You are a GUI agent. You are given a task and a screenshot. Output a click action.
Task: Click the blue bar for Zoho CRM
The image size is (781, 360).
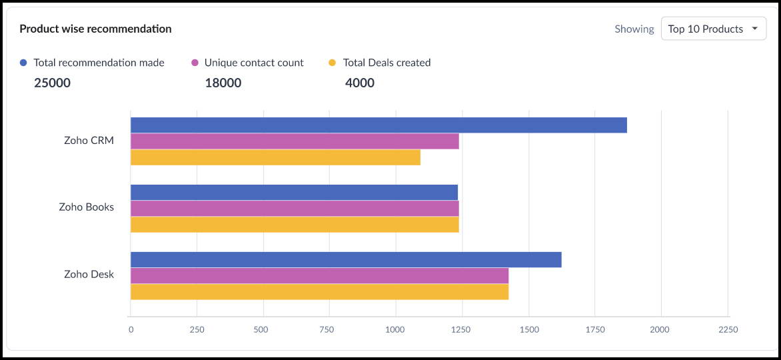(379, 125)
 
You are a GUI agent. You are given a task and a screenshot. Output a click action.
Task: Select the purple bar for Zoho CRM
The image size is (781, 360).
(295, 141)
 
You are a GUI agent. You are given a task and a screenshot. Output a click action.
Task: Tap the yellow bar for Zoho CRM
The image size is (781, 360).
(275, 157)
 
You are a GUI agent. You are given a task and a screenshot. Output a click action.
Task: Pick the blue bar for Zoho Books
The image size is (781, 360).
(294, 192)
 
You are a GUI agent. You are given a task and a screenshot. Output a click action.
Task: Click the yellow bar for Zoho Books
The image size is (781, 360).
(295, 225)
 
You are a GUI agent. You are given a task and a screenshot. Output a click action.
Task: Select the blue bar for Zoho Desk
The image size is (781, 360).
(346, 259)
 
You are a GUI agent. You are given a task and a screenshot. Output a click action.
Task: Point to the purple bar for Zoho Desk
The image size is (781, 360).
(319, 275)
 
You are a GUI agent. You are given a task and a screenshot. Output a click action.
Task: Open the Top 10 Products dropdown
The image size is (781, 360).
(713, 29)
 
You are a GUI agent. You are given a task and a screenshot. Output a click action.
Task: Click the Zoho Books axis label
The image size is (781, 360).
(86, 207)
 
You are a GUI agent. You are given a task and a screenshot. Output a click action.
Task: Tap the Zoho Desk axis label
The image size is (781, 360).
(89, 274)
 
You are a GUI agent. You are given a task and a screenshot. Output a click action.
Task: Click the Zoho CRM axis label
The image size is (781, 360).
(89, 141)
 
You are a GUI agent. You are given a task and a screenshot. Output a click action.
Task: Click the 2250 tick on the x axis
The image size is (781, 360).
(728, 329)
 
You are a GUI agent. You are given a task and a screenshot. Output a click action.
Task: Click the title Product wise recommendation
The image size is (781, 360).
(95, 29)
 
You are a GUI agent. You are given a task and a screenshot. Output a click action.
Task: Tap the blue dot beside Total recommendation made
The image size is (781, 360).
(24, 63)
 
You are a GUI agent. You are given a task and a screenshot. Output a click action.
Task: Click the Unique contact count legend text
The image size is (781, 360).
(254, 63)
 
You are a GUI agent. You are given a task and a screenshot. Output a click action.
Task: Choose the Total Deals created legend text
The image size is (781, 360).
(387, 63)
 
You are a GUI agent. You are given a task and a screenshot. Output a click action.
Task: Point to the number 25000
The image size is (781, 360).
(52, 83)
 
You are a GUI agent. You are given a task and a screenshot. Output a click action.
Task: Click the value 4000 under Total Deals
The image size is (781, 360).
(360, 83)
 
